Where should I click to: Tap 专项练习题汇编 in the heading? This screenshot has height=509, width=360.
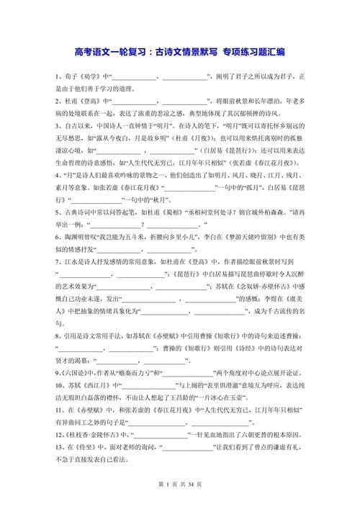252,51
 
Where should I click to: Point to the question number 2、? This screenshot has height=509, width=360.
57,102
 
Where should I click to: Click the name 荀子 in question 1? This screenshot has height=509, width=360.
69,76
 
